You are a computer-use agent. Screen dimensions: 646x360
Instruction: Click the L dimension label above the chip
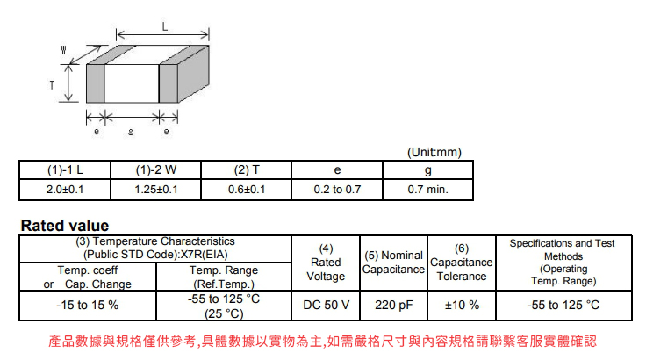click(165, 27)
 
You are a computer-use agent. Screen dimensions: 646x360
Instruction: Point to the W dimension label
click(63, 50)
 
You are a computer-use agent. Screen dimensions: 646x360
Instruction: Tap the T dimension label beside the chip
click(52, 85)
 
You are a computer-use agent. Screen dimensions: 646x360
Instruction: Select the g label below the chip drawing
click(131, 132)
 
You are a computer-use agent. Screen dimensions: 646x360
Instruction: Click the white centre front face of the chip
click(132, 83)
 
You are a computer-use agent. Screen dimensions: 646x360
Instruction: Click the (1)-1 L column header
click(65, 169)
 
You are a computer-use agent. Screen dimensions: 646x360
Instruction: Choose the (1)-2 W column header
click(156, 169)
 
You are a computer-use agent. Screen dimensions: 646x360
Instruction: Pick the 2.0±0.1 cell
click(65, 190)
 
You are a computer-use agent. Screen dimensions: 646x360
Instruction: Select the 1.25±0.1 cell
click(156, 190)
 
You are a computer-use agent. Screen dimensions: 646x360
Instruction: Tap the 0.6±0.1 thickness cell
click(247, 190)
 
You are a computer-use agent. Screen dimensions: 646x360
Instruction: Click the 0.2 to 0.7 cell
click(337, 190)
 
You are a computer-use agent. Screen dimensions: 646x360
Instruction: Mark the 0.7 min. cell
click(428, 190)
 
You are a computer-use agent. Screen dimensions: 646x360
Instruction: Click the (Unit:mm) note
click(434, 152)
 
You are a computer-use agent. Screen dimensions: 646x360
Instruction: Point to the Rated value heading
click(65, 226)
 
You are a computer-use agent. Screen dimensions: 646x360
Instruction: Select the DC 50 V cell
click(326, 306)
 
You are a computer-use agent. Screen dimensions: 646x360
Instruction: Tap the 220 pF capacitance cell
click(394, 306)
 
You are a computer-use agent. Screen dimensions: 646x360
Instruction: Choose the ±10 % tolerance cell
click(462, 306)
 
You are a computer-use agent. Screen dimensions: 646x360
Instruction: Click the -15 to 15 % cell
click(88, 306)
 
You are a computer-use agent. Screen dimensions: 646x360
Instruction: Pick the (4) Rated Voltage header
click(326, 263)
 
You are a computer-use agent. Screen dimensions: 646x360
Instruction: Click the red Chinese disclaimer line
click(323, 341)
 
